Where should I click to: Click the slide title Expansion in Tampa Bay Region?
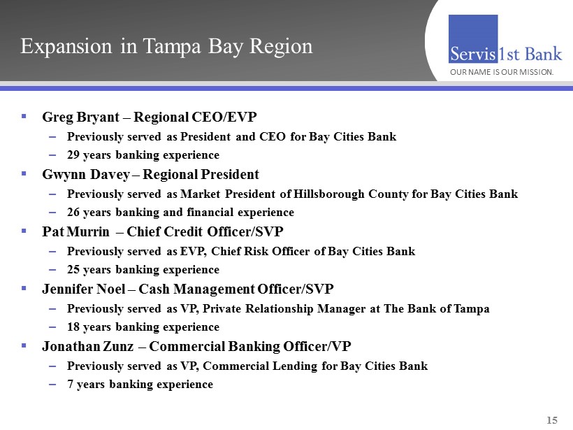(x=166, y=46)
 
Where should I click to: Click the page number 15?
(x=552, y=420)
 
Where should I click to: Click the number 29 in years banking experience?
(x=73, y=155)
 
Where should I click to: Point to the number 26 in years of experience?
(x=73, y=213)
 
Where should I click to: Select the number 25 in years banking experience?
(x=73, y=270)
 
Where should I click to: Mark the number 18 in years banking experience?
(x=73, y=327)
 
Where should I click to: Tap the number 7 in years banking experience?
(x=70, y=385)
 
